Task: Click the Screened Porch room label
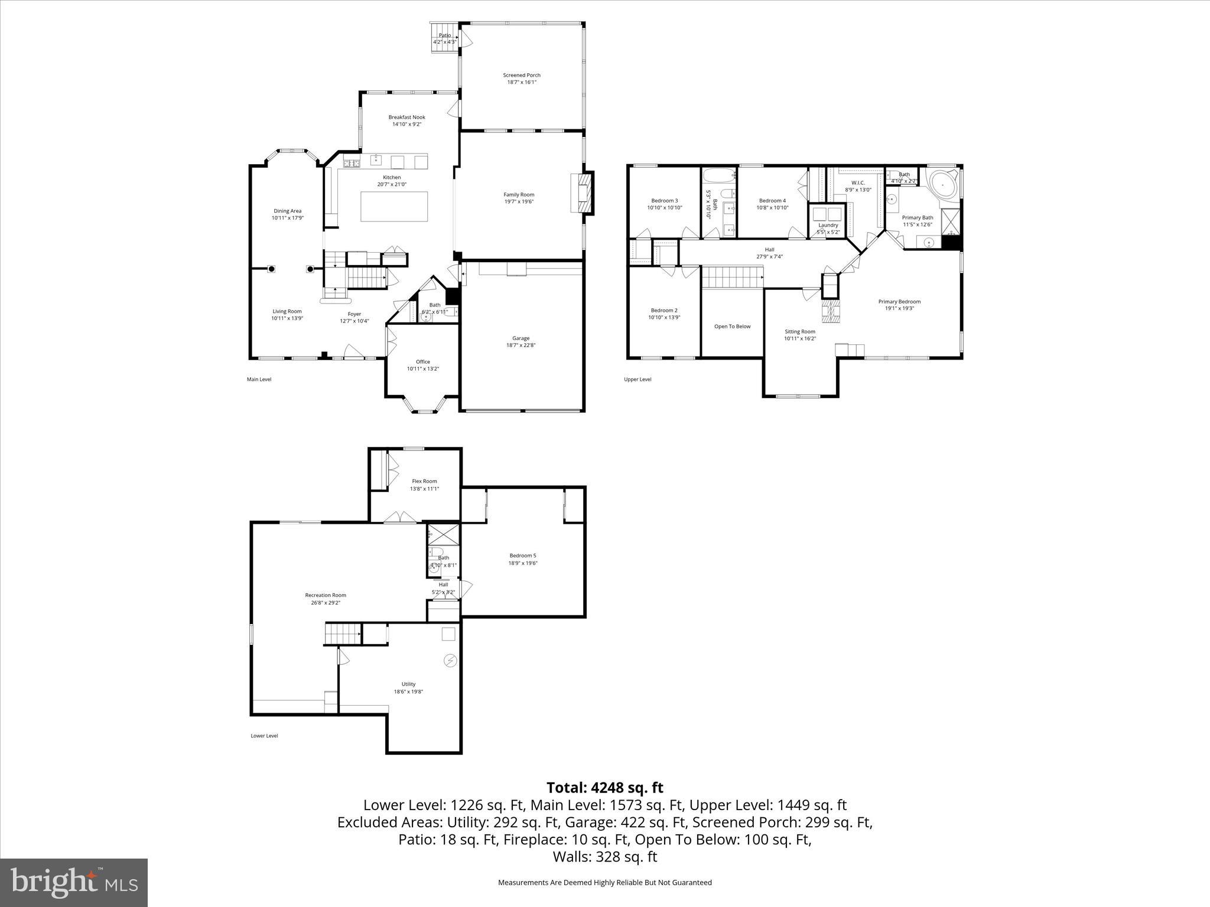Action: tap(522, 75)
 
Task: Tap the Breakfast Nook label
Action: tap(406, 117)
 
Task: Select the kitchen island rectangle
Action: tap(394, 206)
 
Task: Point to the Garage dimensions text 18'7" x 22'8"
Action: tap(521, 345)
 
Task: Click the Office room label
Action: tap(422, 361)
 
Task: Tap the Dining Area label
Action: tap(287, 211)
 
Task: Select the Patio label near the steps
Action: tap(444, 35)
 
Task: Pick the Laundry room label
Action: tap(828, 225)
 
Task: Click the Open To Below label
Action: tap(732, 326)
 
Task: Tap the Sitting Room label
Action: tap(800, 331)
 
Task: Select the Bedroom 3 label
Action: tap(664, 200)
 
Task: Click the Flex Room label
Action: tap(424, 481)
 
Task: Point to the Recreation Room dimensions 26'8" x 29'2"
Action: tap(326, 603)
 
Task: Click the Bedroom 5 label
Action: tap(523, 555)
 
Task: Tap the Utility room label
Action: tap(408, 684)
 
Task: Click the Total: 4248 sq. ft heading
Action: tap(604, 788)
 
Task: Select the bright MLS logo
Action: tap(74, 883)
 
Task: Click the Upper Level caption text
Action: tap(637, 379)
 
